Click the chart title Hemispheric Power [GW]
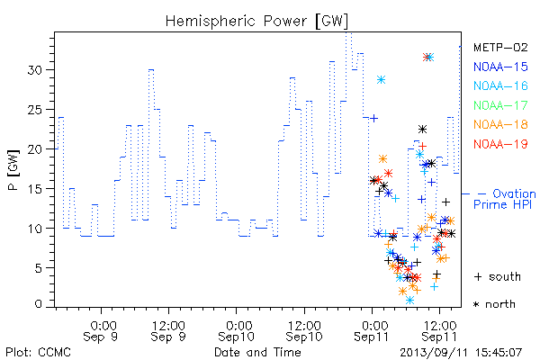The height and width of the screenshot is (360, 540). pos(256,22)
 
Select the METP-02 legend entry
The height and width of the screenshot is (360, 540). pos(500,47)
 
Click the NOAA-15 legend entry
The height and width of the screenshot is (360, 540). pos(500,67)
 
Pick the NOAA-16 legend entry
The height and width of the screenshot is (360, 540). pos(500,85)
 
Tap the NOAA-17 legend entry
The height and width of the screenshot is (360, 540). pos(500,105)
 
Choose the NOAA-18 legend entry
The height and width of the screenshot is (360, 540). pos(500,124)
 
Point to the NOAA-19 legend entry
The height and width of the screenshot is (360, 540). pos(500,144)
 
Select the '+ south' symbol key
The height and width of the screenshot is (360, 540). pos(498,276)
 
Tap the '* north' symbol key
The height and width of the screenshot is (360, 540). pos(494,304)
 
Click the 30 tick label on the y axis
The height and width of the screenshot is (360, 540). pos(35,70)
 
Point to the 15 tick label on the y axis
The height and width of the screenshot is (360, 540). pos(35,189)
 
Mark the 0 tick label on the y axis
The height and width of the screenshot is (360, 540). pos(39,304)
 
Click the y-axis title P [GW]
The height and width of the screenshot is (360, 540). pos(13,170)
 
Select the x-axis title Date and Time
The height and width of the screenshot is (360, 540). pos(257,352)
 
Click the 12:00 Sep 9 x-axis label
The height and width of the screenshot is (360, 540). pos(168,331)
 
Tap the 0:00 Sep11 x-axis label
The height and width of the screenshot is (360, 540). pos(372,331)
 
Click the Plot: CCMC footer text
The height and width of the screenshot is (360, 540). pos(38,353)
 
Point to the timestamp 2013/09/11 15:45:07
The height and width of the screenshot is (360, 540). pos(461,353)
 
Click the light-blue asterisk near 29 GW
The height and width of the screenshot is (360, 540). pos(381,80)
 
